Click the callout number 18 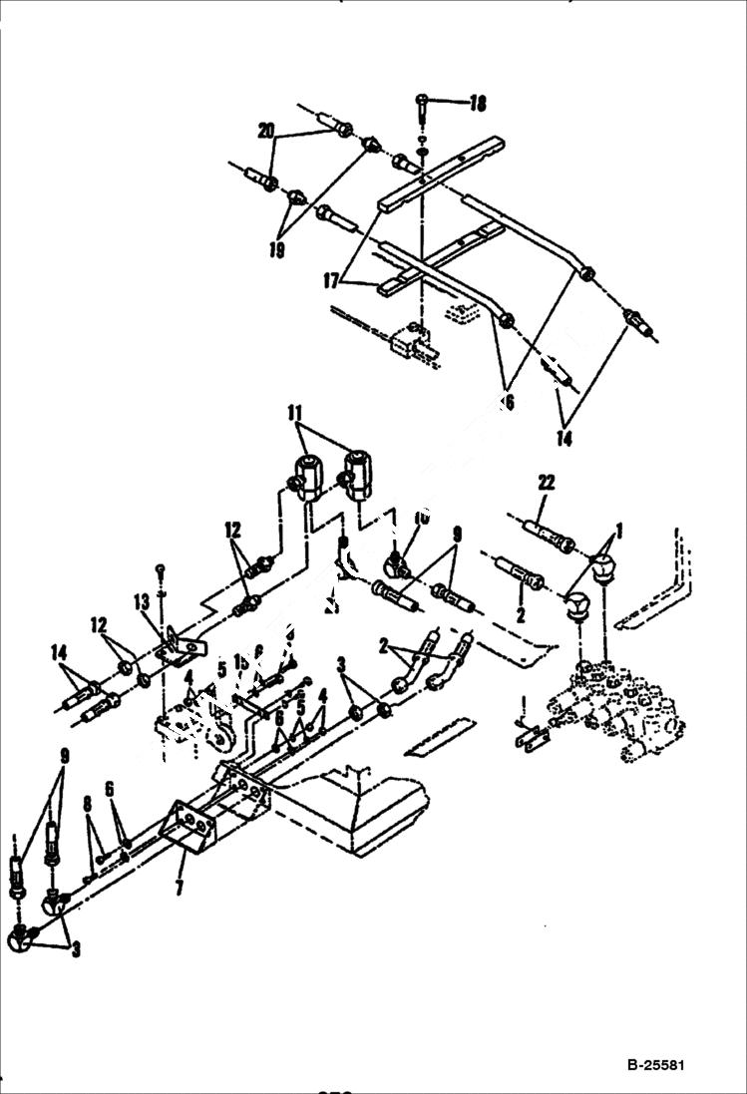coord(478,103)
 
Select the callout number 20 coord(265,131)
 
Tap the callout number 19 coord(276,249)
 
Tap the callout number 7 coord(180,886)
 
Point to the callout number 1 coord(618,530)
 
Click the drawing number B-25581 coord(656,1065)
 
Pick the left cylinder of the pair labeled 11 coord(309,476)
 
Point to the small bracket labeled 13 coord(180,648)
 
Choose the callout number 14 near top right coord(564,438)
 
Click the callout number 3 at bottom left coord(76,948)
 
